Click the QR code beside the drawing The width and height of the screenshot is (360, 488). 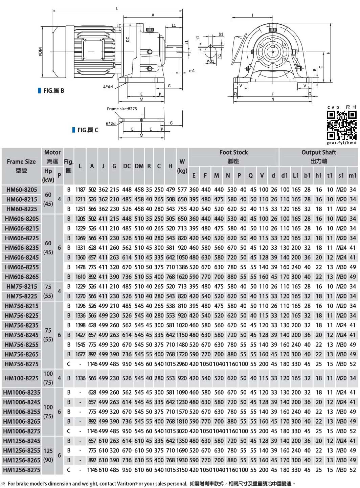341,125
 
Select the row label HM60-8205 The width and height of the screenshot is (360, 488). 22,190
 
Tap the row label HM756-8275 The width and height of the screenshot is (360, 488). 22,364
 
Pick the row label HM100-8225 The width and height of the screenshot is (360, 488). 22,378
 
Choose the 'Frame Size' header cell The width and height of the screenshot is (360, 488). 21,166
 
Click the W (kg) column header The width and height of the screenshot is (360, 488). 182,166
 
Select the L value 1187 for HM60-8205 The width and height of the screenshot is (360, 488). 80,190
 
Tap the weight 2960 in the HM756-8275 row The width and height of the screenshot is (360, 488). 182,364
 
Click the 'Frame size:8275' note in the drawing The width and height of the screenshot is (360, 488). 122,109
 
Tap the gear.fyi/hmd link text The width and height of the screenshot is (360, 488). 341,143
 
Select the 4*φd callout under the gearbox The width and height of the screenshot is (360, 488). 108,87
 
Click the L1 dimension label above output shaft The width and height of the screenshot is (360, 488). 174,25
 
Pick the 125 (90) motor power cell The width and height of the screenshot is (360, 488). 48,455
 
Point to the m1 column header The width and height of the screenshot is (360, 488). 352,175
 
